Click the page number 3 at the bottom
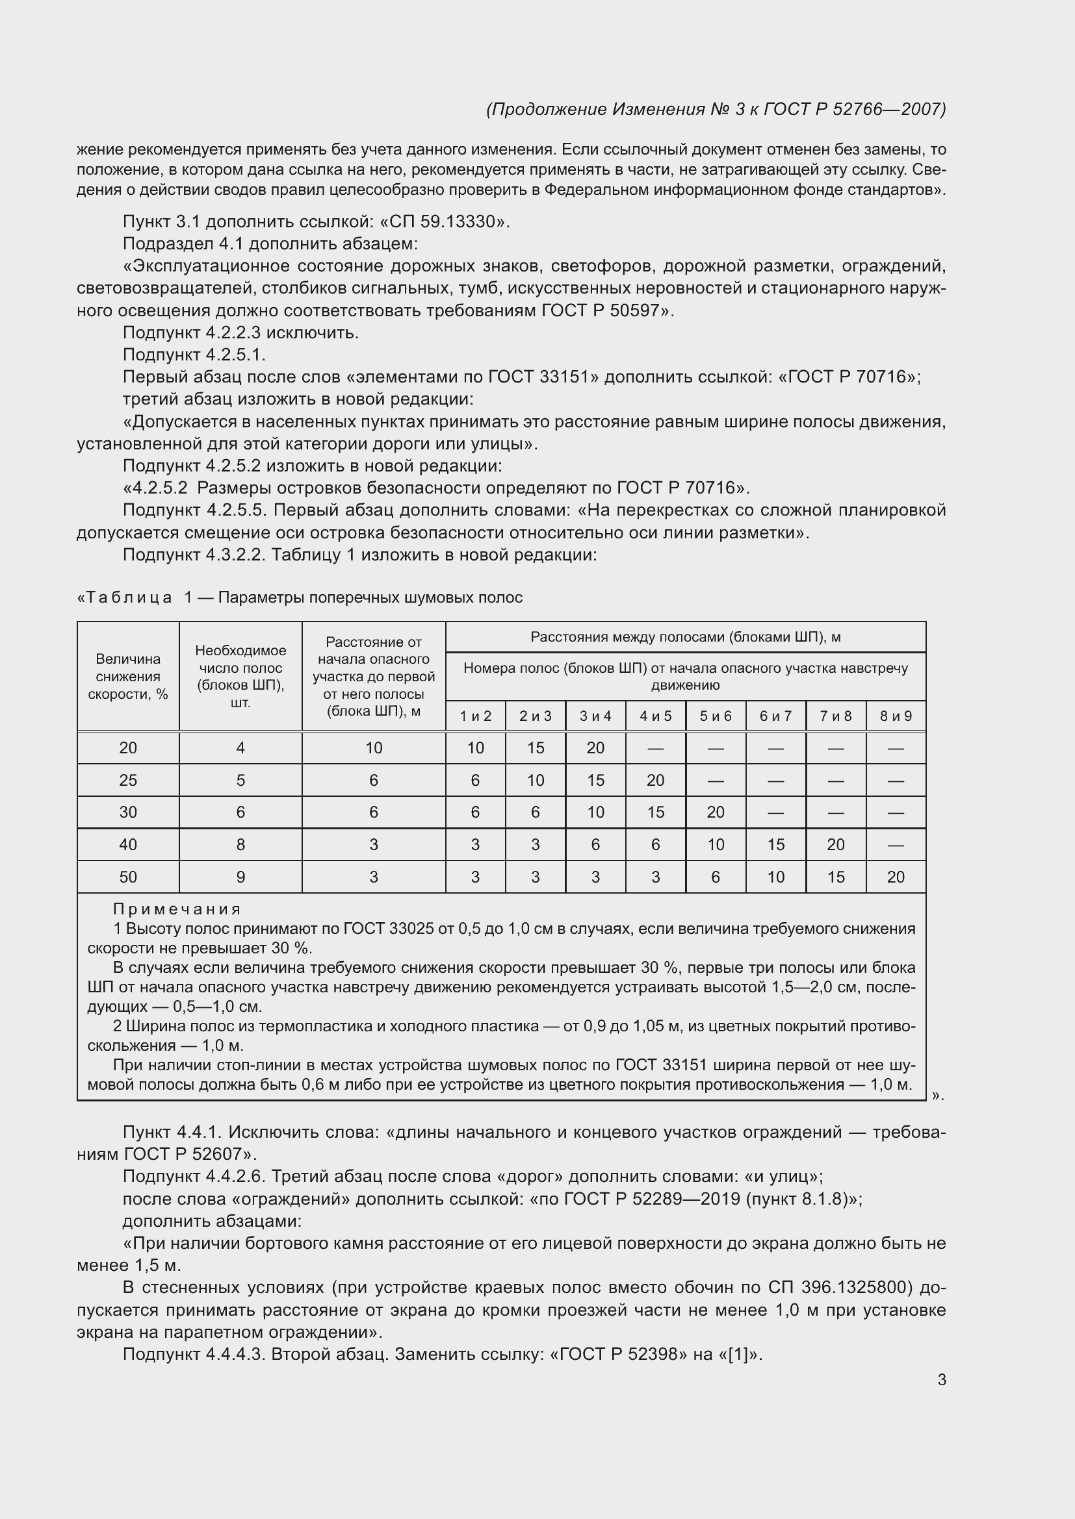pos(941,1379)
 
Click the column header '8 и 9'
pos(895,716)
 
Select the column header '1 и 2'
pos(475,716)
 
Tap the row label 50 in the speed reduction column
pos(128,877)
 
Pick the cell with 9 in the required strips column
pos(240,877)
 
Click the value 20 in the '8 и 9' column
pos(895,877)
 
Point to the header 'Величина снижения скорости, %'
pos(128,676)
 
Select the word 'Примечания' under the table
pos(177,909)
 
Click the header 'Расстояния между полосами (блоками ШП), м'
pos(685,637)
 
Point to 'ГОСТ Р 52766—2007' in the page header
pos(854,109)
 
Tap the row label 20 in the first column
pos(128,747)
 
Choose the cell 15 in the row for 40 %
pos(775,844)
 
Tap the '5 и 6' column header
pos(716,716)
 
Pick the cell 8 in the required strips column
pos(240,844)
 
